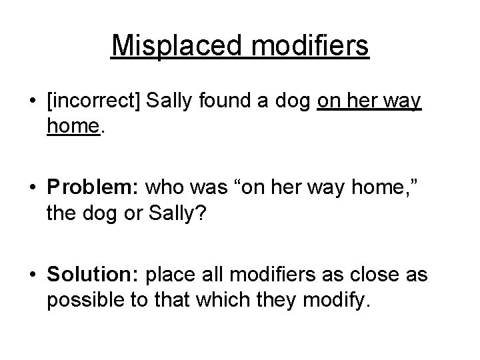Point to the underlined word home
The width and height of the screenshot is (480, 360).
click(x=73, y=127)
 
